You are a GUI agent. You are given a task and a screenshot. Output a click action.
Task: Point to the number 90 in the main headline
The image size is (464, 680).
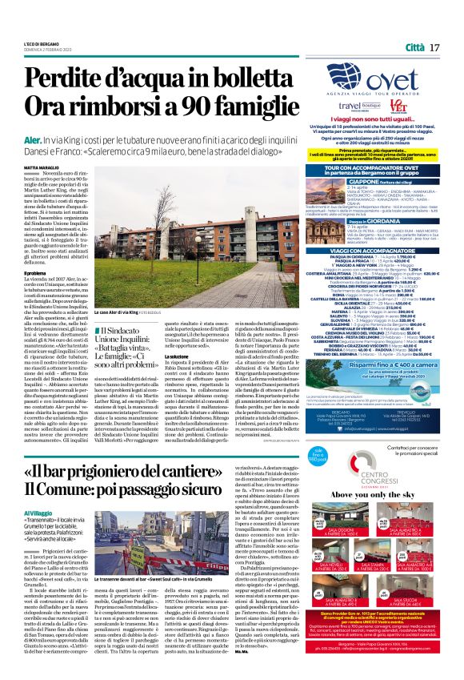[210, 104]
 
